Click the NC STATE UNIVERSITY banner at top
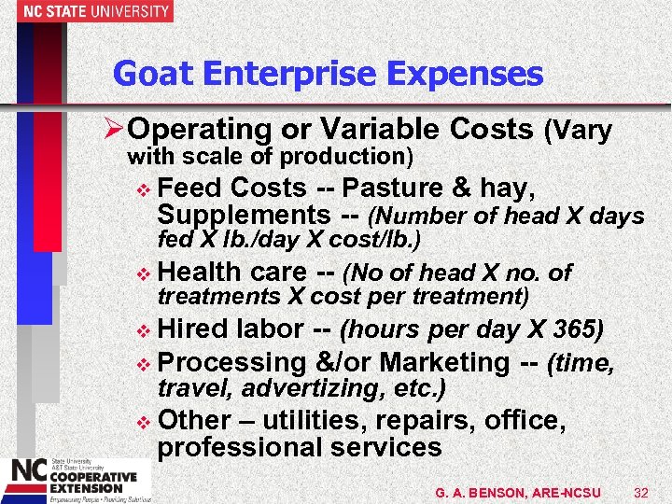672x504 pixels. click(86, 11)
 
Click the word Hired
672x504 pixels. click(194, 329)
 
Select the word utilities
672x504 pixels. click(318, 420)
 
